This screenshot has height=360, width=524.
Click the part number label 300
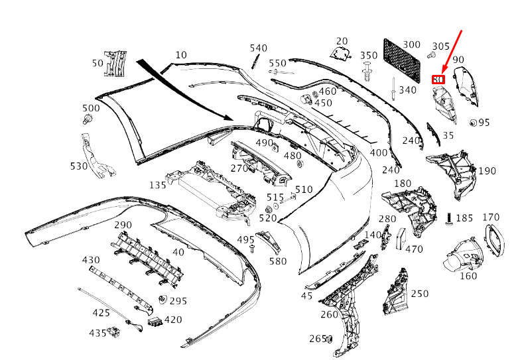click(411, 44)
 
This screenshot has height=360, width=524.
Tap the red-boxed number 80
click(438, 80)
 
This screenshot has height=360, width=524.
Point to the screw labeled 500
click(88, 119)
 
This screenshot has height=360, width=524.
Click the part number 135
click(158, 185)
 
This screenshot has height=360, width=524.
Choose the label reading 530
click(79, 166)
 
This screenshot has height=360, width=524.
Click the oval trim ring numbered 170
click(494, 240)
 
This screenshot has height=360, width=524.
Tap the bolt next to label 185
click(450, 219)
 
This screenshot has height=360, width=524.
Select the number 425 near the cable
click(101, 312)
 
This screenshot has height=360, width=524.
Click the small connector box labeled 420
click(155, 322)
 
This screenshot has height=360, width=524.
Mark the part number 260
click(329, 314)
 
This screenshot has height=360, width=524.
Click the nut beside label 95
click(473, 123)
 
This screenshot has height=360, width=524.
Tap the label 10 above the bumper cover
click(181, 55)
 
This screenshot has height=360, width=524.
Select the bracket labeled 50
click(115, 64)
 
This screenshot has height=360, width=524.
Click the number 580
click(278, 261)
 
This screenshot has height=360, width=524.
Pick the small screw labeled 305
click(431, 55)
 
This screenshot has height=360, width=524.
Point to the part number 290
click(123, 225)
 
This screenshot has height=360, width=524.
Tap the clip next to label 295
click(163, 299)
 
